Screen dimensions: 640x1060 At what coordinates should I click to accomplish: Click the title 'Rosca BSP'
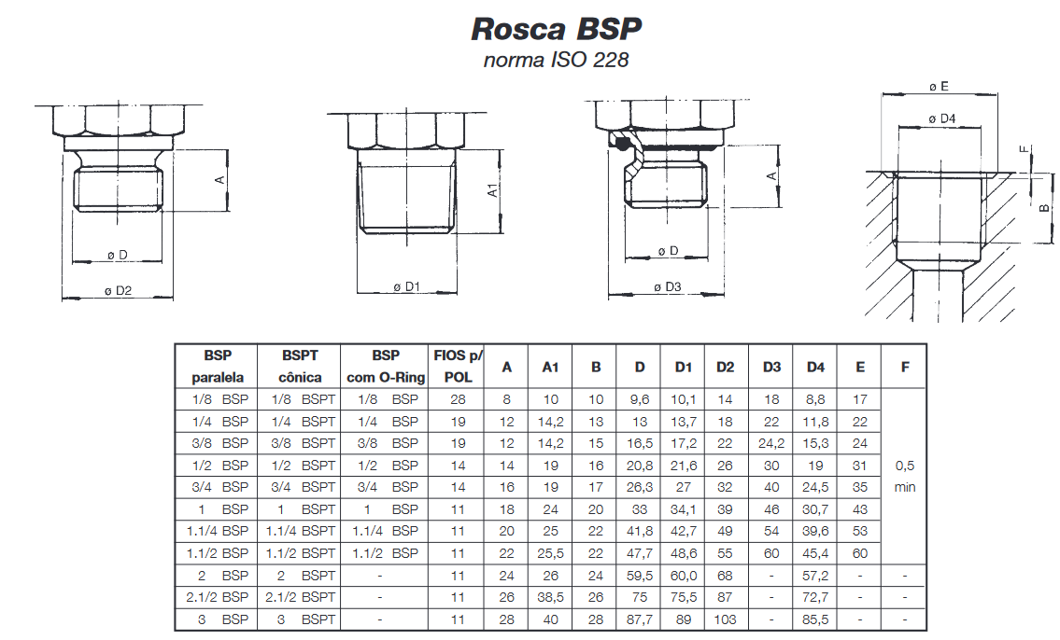pos(557,29)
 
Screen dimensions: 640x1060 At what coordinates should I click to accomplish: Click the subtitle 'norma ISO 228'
pos(556,62)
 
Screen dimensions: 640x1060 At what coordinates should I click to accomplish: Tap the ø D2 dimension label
pos(118,291)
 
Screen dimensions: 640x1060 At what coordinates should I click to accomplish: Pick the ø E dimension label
pos(939,86)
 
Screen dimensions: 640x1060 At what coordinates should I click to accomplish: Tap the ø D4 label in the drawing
pos(942,118)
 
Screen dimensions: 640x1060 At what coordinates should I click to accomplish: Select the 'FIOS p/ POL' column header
pos(458,367)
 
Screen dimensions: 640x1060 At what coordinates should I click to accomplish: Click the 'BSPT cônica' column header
pos(300,367)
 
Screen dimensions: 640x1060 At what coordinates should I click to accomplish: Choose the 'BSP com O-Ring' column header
pos(386,367)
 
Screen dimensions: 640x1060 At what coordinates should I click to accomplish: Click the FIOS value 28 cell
pos(458,399)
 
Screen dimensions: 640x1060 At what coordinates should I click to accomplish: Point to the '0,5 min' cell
pos(904,476)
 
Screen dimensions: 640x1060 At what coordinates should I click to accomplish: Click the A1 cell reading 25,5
pos(550,552)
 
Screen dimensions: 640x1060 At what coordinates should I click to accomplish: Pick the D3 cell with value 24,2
pos(771,443)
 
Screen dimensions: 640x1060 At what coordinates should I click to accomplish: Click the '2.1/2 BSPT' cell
pos(300,596)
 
